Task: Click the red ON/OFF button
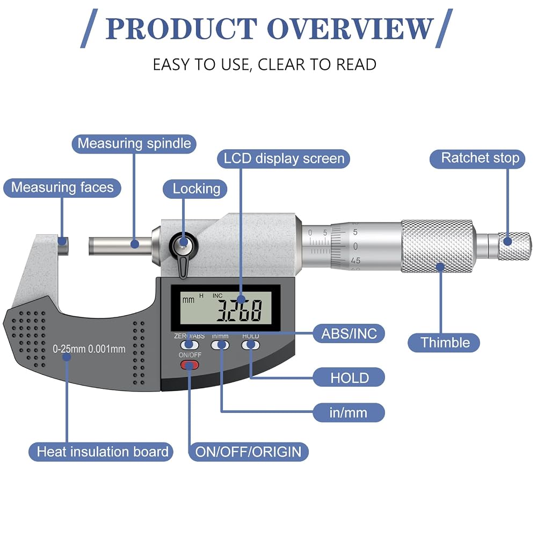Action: [190, 365]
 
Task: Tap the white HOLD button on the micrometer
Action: [250, 345]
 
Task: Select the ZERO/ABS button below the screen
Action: [190, 345]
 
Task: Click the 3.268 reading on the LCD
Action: [240, 310]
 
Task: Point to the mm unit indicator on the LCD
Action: [188, 300]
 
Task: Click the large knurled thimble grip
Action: [438, 246]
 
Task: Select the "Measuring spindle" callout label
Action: [134, 144]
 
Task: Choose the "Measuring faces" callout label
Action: [62, 187]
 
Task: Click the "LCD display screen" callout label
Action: [284, 159]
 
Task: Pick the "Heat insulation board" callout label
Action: [101, 452]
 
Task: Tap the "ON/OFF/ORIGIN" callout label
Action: [248, 452]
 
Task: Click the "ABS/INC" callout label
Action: [349, 333]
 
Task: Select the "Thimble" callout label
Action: [444, 343]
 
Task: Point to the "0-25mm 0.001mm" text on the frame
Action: [89, 349]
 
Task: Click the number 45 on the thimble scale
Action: [355, 261]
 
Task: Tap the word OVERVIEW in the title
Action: [350, 29]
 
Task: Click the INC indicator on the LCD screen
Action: [217, 295]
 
